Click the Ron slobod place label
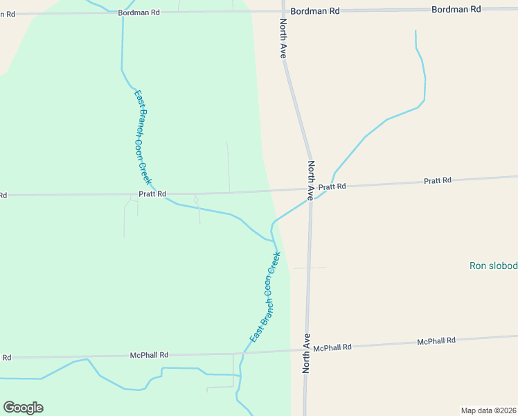[x=493, y=266]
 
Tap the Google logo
[x=23, y=408]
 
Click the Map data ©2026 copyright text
[x=488, y=410]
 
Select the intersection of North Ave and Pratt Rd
[x=311, y=189]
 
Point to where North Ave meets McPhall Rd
[x=307, y=350]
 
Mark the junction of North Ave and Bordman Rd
[x=283, y=11]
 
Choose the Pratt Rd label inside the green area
[x=152, y=194]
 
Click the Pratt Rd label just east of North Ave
[x=332, y=187]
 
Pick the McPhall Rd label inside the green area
[x=149, y=355]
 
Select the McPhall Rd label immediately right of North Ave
[x=332, y=347]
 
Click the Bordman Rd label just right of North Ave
[x=315, y=11]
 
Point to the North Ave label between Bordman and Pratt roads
[x=283, y=38]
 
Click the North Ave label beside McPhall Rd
[x=306, y=354]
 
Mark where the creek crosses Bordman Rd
[x=123, y=12]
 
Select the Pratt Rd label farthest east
[x=437, y=180]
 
